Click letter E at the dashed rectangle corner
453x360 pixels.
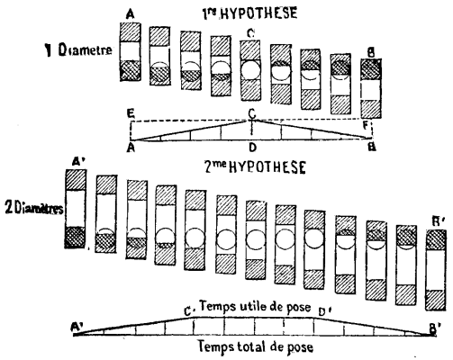point(132,114)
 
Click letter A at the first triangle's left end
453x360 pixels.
point(132,145)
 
